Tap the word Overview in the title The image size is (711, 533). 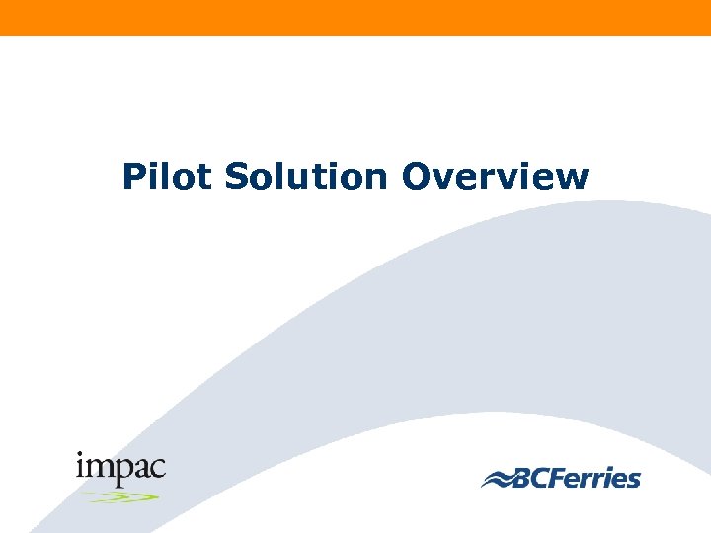pyautogui.click(x=496, y=177)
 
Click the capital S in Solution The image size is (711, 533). pyautogui.click(x=236, y=177)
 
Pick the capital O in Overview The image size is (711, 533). pyautogui.click(x=416, y=177)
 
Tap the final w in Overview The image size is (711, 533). pyautogui.click(x=575, y=180)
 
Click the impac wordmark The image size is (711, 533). pyautogui.click(x=120, y=467)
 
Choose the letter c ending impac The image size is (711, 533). pyautogui.click(x=158, y=468)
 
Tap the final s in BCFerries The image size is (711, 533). pyautogui.click(x=634, y=481)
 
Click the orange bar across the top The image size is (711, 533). pyautogui.click(x=355, y=17)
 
